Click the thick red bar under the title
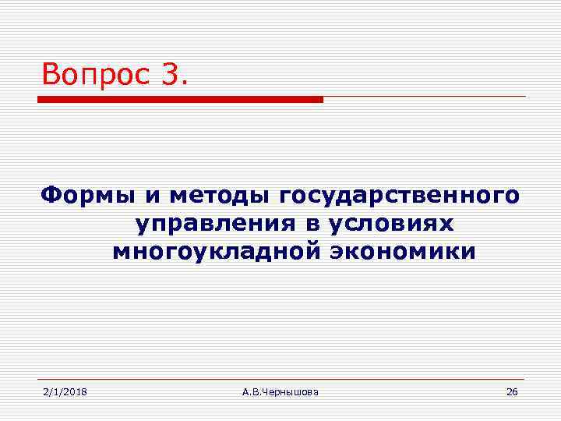[x=180, y=100]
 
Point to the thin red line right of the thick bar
[x=425, y=97]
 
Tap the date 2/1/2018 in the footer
[x=65, y=391]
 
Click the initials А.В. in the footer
[x=252, y=391]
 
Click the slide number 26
[x=511, y=391]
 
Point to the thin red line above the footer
[x=280, y=380]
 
